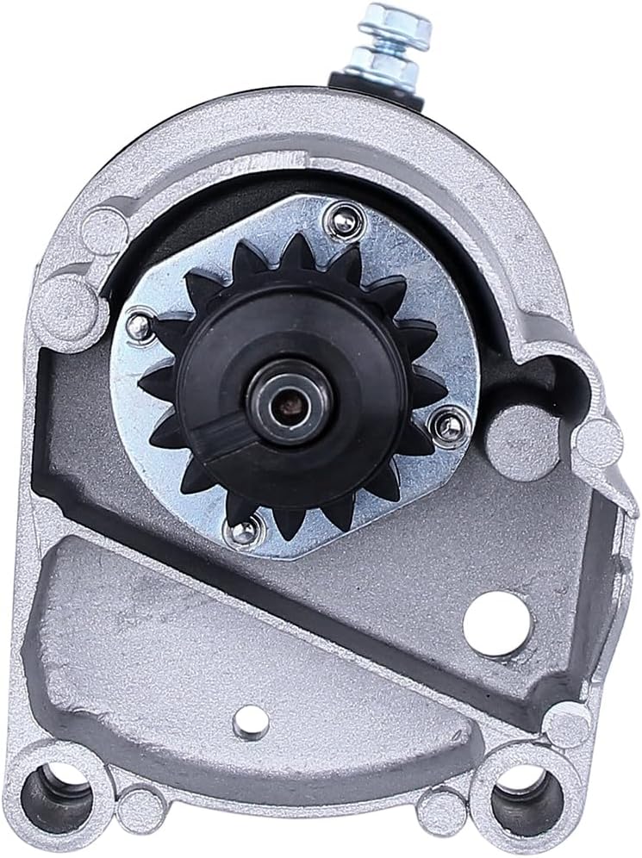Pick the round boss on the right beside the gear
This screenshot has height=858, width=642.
[508, 435]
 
